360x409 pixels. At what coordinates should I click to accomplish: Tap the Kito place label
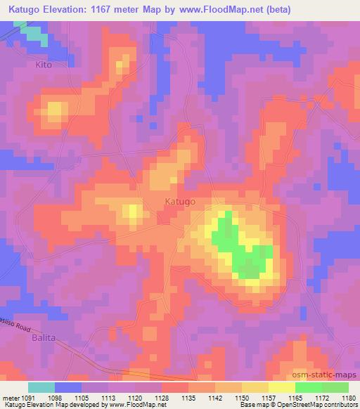coord(44,64)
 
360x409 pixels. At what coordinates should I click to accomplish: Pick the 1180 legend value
coord(347,398)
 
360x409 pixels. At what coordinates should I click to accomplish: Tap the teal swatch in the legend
coord(41,387)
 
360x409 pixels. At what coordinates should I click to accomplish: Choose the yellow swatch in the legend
coord(282,387)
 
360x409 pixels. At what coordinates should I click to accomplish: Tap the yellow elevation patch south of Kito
coord(56,110)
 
